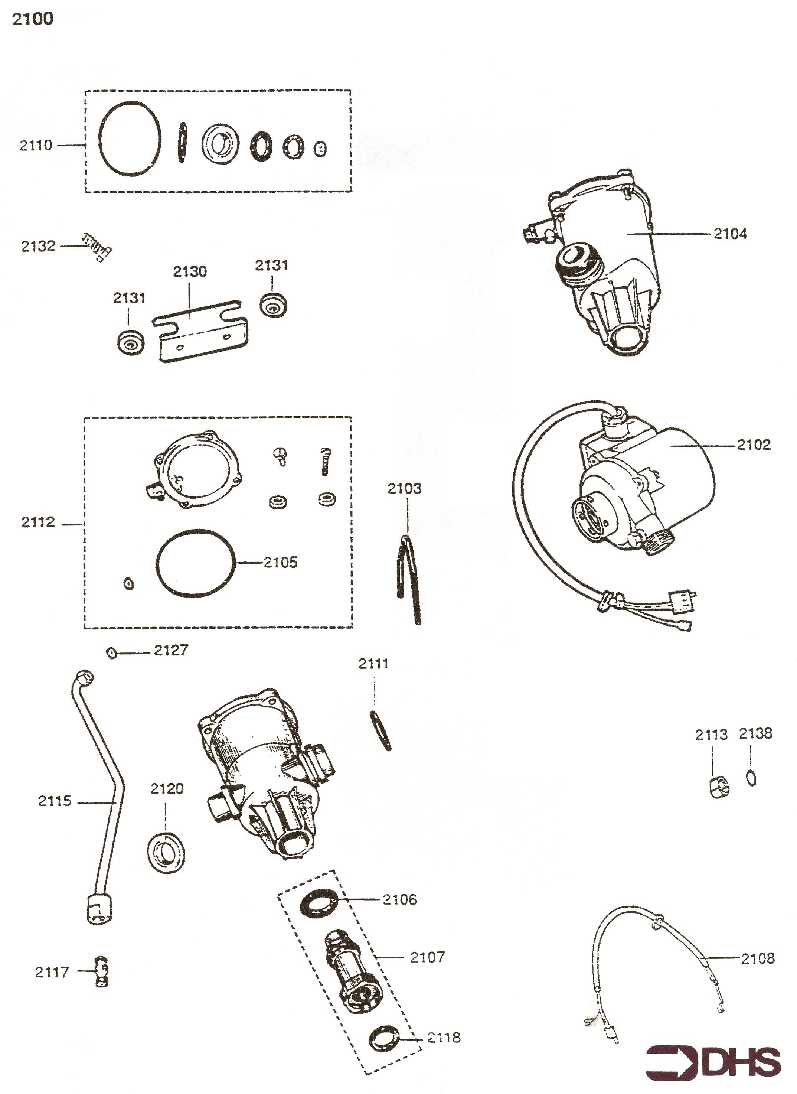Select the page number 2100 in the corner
[32, 19]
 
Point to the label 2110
[36, 145]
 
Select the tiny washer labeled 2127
[111, 653]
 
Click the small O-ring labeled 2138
[751, 778]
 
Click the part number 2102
[754, 445]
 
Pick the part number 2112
[38, 522]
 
